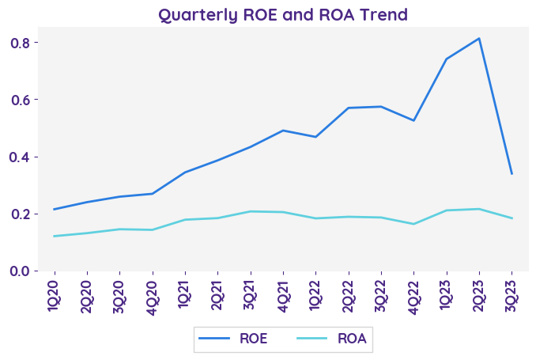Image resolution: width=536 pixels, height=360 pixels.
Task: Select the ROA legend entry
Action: click(331, 339)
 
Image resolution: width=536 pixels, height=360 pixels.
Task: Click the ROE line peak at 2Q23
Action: click(479, 39)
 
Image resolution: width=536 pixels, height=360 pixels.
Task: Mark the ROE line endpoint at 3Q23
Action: click(511, 173)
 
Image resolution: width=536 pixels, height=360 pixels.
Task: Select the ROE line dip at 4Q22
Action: click(413, 120)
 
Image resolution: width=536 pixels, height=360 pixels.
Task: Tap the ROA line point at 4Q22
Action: click(413, 224)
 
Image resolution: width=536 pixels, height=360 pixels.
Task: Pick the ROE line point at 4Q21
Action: click(283, 131)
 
